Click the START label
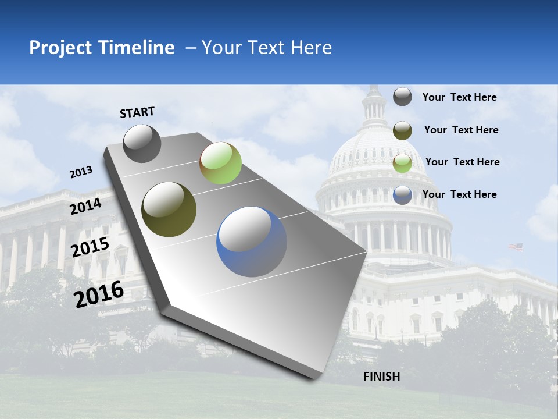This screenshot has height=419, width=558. [137, 112]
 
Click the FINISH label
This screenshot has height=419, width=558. [381, 377]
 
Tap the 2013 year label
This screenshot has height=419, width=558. [81, 172]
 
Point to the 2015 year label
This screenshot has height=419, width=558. [90, 247]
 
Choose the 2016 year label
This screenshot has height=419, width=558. [99, 294]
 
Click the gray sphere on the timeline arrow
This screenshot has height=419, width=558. [142, 143]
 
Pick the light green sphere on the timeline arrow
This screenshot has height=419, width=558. [220, 163]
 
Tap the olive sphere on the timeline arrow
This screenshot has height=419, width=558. [169, 210]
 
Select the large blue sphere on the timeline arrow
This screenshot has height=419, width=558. [252, 242]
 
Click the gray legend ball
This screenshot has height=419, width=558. [402, 97]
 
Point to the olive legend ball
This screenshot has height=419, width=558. [402, 130]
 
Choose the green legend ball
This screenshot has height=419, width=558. [402, 163]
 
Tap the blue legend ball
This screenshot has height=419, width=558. [402, 195]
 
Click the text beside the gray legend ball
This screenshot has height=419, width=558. [459, 97]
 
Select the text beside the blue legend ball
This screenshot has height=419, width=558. [459, 194]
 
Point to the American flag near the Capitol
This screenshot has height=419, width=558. [516, 247]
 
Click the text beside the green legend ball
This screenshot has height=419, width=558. [462, 162]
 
